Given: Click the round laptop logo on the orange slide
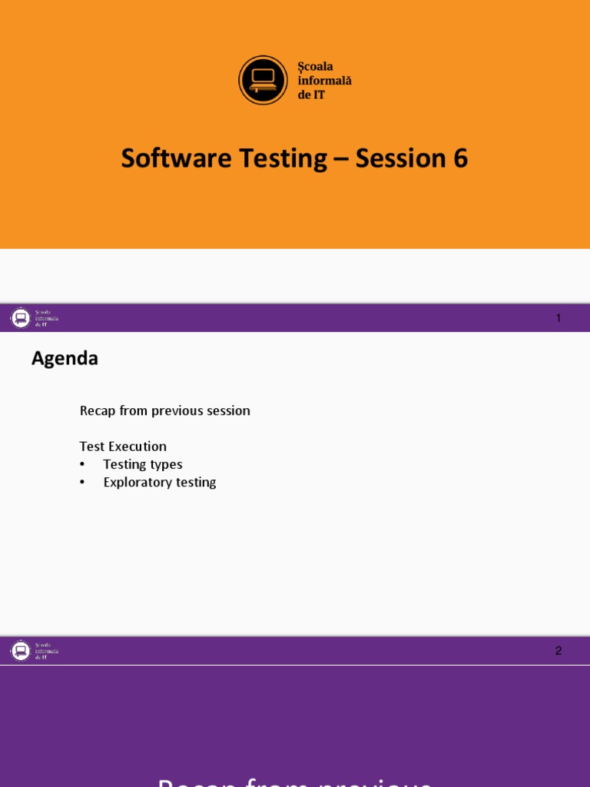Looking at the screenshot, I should [263, 80].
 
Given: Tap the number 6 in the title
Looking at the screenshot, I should [459, 158].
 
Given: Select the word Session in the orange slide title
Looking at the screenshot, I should [399, 158].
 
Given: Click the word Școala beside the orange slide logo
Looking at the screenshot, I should [316, 67].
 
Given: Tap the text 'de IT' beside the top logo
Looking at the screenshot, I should [311, 94].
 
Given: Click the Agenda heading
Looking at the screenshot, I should [65, 359].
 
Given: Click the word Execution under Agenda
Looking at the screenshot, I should [138, 447].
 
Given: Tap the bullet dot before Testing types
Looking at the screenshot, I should [82, 464].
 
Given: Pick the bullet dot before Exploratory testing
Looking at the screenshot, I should [82, 483].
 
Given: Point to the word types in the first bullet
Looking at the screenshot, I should [167, 465].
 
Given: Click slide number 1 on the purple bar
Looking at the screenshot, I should [559, 318].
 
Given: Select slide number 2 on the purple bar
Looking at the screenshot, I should [559, 651].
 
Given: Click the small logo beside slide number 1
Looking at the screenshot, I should [21, 317].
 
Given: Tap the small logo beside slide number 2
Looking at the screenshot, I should [21, 651].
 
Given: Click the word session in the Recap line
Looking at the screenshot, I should [229, 411].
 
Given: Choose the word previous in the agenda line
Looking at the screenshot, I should [180, 411].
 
